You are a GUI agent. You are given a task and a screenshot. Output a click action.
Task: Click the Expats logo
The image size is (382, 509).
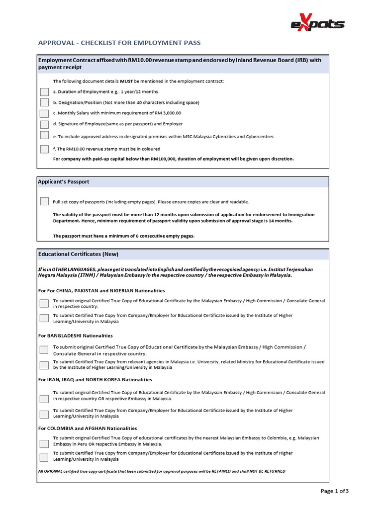[317, 23]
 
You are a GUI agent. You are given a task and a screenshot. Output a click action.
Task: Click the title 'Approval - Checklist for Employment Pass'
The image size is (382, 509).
[119, 43]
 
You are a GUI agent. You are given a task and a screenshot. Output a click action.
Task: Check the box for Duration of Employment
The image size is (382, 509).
[44, 92]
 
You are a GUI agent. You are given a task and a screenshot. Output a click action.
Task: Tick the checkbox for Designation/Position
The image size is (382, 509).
[44, 102]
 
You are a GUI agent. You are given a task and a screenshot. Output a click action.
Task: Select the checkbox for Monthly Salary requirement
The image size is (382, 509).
[44, 113]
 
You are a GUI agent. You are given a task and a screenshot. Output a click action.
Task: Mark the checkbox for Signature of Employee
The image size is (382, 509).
[44, 124]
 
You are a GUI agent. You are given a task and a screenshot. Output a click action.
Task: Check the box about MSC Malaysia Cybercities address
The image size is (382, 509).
[44, 136]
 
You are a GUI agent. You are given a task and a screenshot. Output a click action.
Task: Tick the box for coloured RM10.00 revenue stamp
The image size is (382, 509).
[44, 149]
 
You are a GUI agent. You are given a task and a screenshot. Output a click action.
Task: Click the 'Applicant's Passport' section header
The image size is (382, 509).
[64, 182]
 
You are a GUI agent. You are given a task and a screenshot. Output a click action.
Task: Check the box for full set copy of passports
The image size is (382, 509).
[44, 201]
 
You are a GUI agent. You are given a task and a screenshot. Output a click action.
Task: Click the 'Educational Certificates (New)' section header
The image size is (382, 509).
[79, 254]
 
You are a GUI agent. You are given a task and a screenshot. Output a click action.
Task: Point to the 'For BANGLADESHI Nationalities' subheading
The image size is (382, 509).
[76, 336]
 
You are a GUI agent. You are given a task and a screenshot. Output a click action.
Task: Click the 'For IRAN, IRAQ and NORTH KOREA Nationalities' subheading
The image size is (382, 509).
[95, 380]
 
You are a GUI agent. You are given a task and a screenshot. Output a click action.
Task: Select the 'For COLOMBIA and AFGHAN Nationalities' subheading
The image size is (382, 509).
[88, 428]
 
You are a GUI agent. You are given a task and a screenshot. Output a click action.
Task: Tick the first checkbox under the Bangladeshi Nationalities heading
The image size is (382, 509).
[44, 350]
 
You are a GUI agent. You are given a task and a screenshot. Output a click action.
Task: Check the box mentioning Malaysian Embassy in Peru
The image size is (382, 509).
[44, 441]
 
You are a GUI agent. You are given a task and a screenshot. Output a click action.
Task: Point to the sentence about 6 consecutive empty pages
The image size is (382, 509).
[124, 236]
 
